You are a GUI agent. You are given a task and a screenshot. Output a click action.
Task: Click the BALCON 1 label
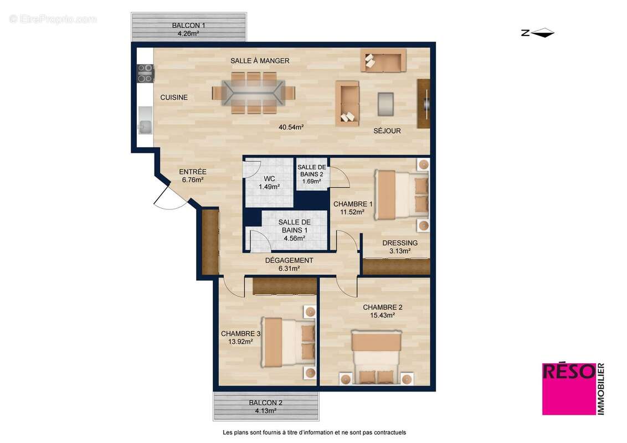click(188, 25)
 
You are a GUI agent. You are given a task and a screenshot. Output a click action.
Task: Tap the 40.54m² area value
click(291, 127)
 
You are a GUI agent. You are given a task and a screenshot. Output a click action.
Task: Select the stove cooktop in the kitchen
click(146, 73)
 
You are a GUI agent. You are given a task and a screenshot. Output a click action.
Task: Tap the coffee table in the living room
click(386, 104)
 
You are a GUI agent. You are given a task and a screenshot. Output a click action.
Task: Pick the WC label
click(269, 179)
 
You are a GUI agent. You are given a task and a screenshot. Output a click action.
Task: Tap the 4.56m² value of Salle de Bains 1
click(294, 239)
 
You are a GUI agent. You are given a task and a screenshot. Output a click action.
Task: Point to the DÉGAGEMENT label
click(289, 260)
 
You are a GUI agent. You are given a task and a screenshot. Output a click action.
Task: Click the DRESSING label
click(400, 243)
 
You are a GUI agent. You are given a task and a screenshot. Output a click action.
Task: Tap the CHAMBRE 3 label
click(240, 334)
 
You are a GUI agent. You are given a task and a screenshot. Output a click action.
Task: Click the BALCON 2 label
click(265, 403)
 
